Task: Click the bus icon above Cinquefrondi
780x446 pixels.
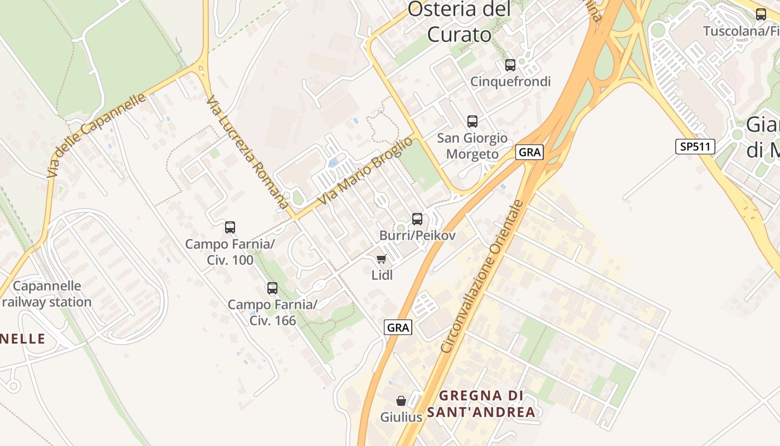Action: [x=510, y=65]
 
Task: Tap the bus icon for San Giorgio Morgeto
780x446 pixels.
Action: [x=472, y=122]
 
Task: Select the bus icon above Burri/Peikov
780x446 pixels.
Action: [x=417, y=219]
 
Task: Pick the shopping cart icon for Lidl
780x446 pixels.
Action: [x=382, y=259]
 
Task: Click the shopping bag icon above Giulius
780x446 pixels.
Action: [x=401, y=401]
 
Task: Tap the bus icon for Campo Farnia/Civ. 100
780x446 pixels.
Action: [x=230, y=227]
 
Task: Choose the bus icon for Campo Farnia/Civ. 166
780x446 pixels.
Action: [x=272, y=288]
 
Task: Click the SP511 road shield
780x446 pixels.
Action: [x=695, y=147]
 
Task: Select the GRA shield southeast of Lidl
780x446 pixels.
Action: [x=398, y=327]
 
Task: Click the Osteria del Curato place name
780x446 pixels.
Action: [x=460, y=22]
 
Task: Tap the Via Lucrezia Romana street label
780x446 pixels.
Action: [x=248, y=152]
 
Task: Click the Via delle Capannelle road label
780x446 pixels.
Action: [x=96, y=135]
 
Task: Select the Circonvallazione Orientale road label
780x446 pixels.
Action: [x=482, y=276]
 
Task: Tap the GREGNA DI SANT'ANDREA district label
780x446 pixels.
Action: [x=482, y=404]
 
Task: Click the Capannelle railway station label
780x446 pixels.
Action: [x=47, y=294]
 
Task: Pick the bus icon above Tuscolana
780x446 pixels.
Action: [x=761, y=14]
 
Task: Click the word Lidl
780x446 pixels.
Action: [x=382, y=275]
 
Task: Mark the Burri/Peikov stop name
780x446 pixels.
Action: [x=417, y=236]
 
